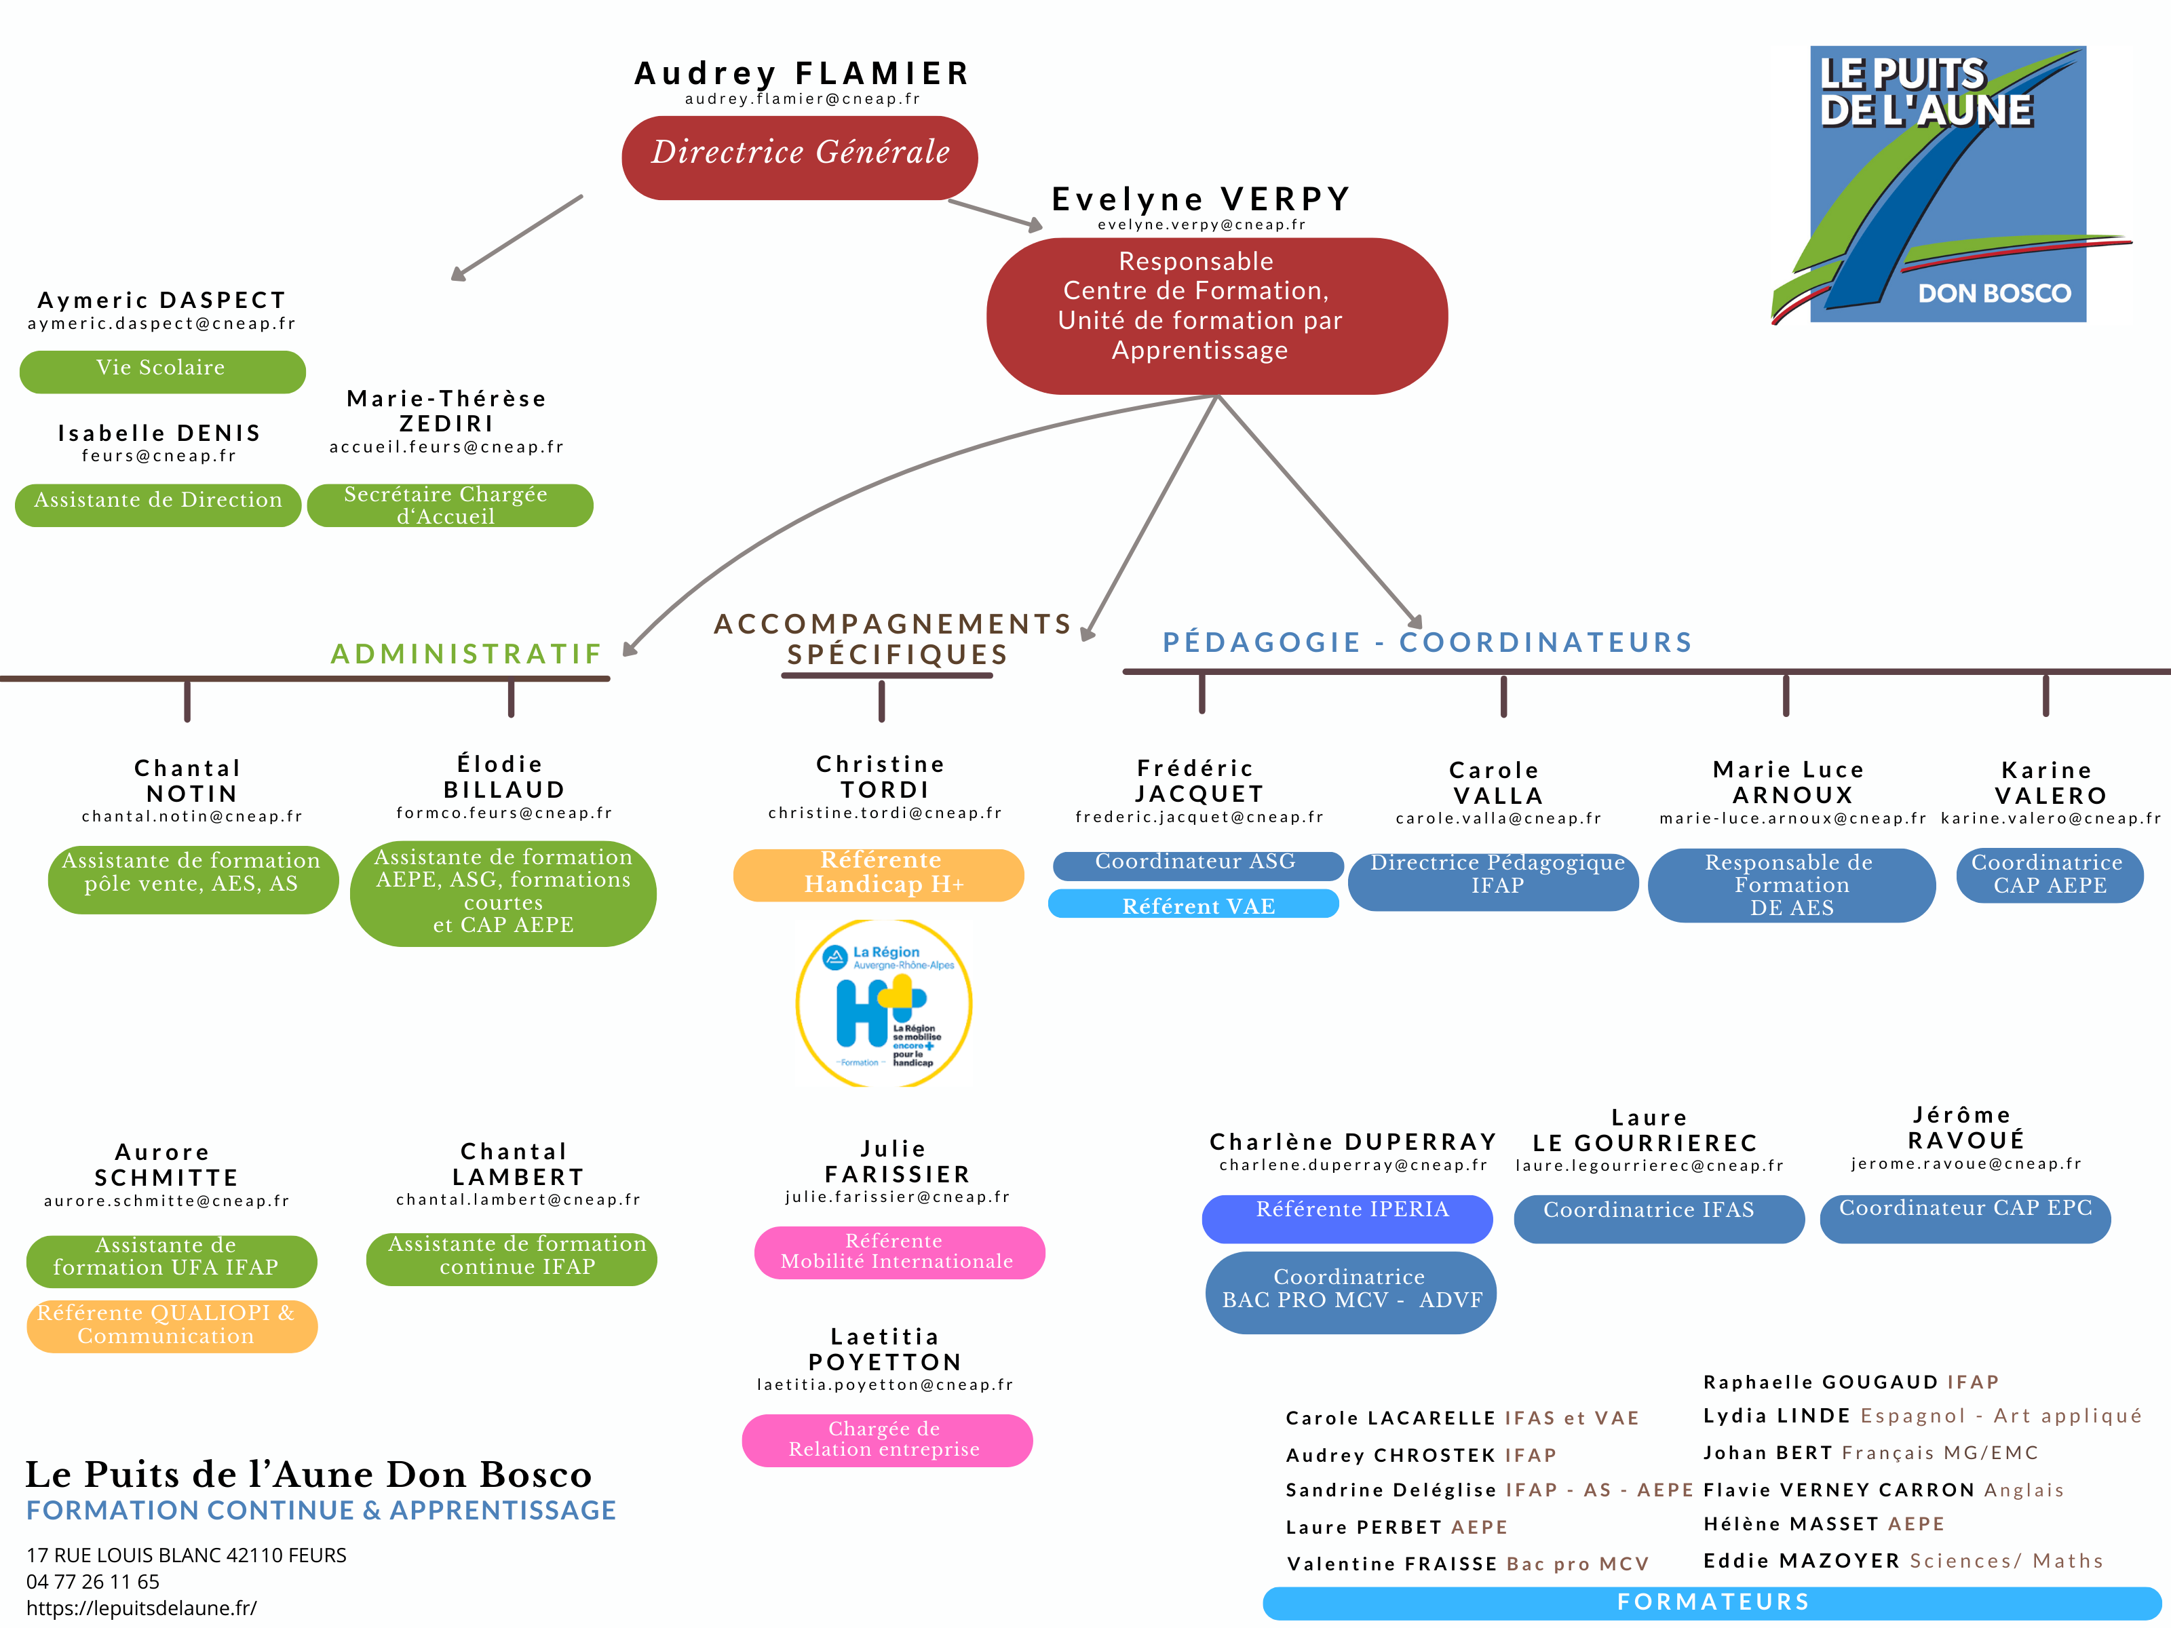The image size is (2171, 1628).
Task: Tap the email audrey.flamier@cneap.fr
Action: coord(802,99)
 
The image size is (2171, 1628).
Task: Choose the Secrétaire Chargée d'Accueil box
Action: coord(450,505)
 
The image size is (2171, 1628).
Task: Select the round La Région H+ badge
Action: coord(883,1003)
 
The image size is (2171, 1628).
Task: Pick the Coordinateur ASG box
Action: coord(1197,864)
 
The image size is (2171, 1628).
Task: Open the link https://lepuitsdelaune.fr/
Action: coord(141,1608)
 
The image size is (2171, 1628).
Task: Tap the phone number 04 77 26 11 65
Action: coord(93,1581)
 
